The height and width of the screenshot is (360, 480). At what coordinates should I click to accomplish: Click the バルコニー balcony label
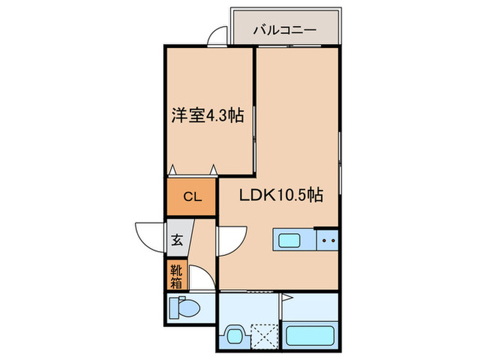284,29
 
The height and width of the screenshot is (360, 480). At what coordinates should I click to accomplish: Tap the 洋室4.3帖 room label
208,115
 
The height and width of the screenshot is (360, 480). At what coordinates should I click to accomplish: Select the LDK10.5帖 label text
281,195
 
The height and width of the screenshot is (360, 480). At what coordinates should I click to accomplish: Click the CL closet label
191,197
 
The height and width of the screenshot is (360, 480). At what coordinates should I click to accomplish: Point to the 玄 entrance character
177,240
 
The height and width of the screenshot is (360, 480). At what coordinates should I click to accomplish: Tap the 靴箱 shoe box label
176,275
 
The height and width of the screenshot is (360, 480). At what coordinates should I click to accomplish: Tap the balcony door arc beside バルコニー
218,35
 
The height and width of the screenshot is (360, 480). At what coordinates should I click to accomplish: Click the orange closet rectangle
191,197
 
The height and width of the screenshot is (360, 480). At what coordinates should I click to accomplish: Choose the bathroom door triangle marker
287,299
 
